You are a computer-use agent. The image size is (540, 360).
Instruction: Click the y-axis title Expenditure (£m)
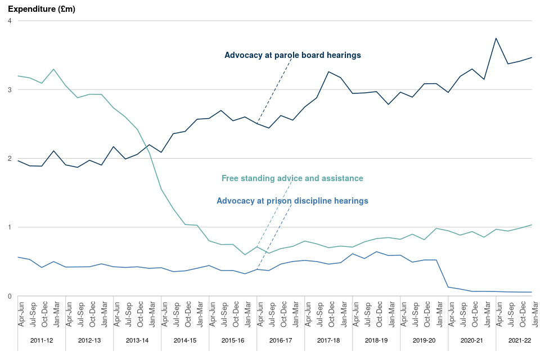tap(41, 9)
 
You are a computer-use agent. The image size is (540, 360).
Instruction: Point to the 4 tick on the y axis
tap(10, 21)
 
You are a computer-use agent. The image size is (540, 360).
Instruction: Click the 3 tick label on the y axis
tap(10, 89)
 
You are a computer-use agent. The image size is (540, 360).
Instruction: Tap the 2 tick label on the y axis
tap(10, 159)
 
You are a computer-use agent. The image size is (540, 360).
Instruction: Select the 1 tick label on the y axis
tap(10, 227)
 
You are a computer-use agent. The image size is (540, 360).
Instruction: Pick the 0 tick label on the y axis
tap(10, 296)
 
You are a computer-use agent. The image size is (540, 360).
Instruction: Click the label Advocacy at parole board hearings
tap(292, 55)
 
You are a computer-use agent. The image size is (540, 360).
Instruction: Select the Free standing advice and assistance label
tap(292, 178)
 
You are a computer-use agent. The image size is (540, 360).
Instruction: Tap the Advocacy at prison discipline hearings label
tap(292, 200)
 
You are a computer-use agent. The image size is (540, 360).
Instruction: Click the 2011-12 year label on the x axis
tap(42, 340)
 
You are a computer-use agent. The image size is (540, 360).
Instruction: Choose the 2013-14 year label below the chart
tap(137, 340)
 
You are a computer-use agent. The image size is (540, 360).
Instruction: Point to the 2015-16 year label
tap(233, 340)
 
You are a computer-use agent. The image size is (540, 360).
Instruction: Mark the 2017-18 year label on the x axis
tap(328, 340)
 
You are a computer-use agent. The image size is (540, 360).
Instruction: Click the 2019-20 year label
tap(424, 340)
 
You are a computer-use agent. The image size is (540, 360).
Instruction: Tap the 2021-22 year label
tap(520, 340)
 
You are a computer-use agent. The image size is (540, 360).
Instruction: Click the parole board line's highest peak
tap(496, 38)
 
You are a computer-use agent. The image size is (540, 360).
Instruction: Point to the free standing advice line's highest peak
tap(53, 69)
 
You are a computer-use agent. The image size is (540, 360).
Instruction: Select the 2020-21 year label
tap(472, 340)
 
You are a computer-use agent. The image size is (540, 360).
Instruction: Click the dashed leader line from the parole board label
tap(274, 90)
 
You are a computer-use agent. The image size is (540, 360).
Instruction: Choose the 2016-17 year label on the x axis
tap(281, 340)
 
